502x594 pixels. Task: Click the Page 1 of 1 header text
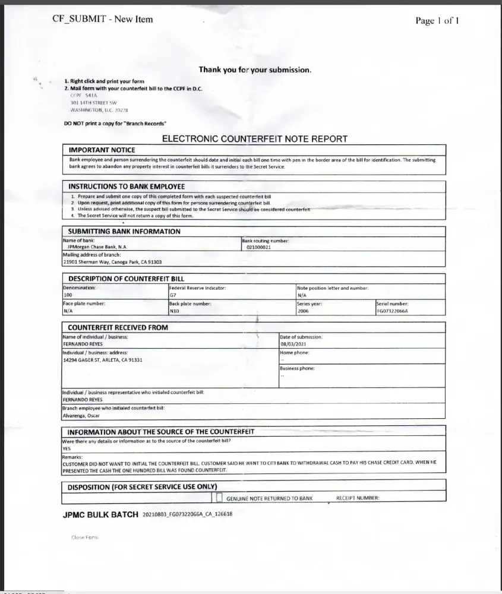pyautogui.click(x=437, y=21)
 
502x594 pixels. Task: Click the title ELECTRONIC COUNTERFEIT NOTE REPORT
pyautogui.click(x=255, y=139)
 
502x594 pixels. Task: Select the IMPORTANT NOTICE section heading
pyautogui.click(x=102, y=150)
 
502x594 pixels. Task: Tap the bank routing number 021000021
pyautogui.click(x=258, y=247)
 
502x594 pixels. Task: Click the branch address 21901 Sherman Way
pyautogui.click(x=112, y=262)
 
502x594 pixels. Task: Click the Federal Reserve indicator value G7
pyautogui.click(x=173, y=295)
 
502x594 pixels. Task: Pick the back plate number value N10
pyautogui.click(x=174, y=311)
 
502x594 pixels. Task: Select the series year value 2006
pyautogui.click(x=303, y=311)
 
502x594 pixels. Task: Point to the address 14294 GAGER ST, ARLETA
pyautogui.click(x=102, y=360)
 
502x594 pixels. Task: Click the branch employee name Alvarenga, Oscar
pyautogui.click(x=81, y=416)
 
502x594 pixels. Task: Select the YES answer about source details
pyautogui.click(x=67, y=448)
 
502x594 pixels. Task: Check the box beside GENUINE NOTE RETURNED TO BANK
pyautogui.click(x=219, y=498)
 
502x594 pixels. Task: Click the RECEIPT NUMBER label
pyautogui.click(x=357, y=498)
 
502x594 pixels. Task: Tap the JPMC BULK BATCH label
pyautogui.click(x=100, y=514)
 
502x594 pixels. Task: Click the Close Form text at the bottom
pyautogui.click(x=84, y=537)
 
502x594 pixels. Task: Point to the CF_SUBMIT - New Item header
pyautogui.click(x=103, y=19)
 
